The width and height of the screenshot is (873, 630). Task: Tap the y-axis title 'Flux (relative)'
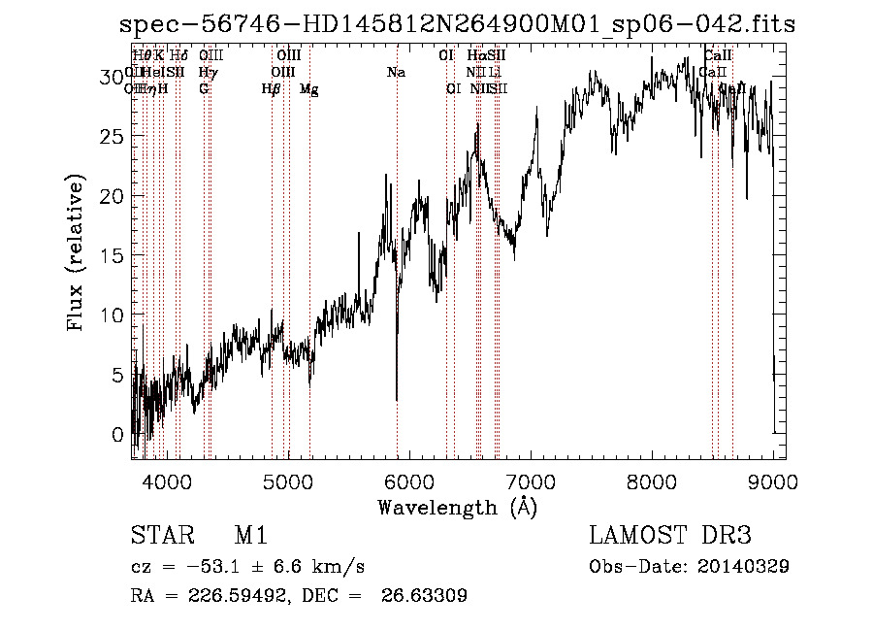[x=76, y=253]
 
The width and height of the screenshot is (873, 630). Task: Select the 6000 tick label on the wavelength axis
[x=408, y=480]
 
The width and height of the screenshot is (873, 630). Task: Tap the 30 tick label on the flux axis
[x=113, y=77]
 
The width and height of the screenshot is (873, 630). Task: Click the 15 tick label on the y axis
[x=113, y=256]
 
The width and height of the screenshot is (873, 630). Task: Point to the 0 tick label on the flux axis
[x=119, y=434]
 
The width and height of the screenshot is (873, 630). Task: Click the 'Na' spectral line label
[x=396, y=73]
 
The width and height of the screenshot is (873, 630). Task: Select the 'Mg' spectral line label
[x=308, y=89]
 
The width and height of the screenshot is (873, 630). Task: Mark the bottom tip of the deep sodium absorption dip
[x=397, y=399]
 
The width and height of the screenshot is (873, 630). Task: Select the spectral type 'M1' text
[x=250, y=536]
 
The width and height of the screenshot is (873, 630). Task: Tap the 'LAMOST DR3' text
[x=670, y=536]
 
